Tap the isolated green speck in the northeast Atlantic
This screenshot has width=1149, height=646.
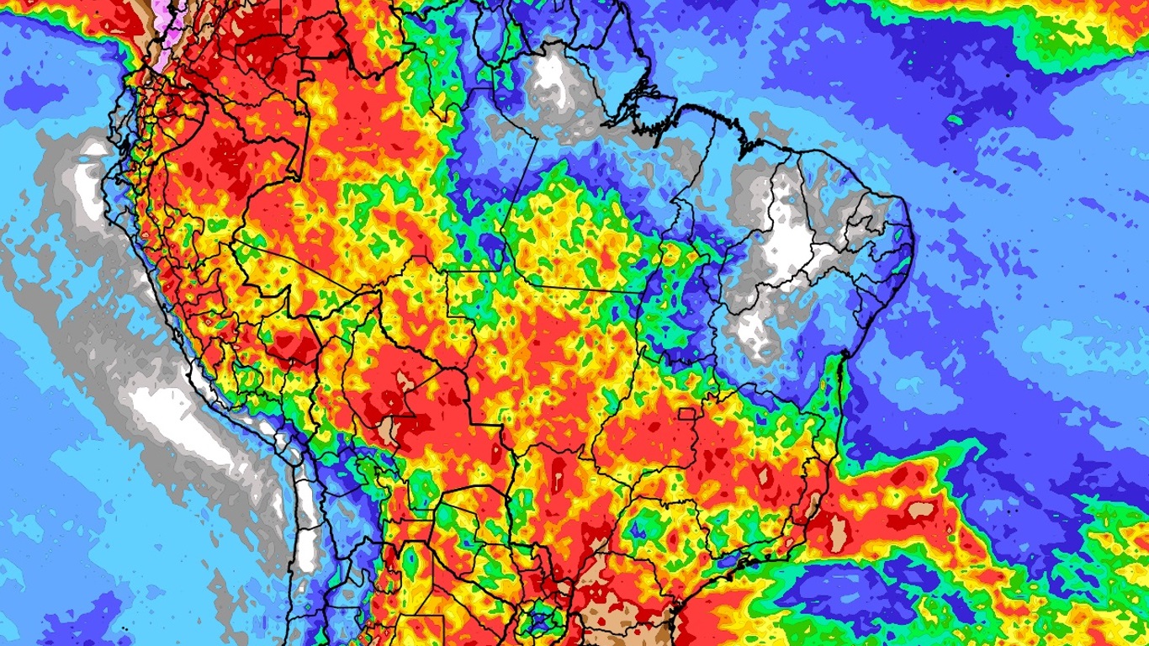coord(954,119)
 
